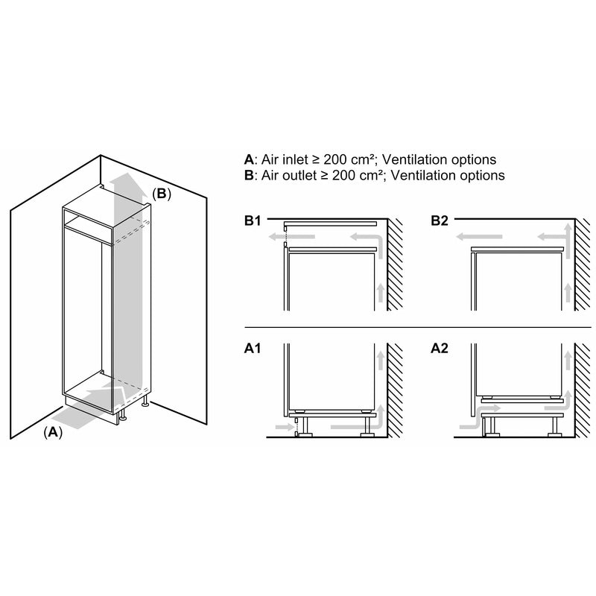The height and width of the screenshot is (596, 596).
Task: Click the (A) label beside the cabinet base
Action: pyautogui.click(x=52, y=431)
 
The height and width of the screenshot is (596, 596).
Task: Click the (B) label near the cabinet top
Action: pyautogui.click(x=162, y=194)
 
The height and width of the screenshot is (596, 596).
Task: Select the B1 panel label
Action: pyautogui.click(x=253, y=221)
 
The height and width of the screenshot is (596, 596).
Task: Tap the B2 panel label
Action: pyautogui.click(x=440, y=221)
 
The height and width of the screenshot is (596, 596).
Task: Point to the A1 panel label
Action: pyautogui.click(x=253, y=347)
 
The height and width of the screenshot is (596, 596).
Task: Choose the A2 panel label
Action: pyautogui.click(x=440, y=347)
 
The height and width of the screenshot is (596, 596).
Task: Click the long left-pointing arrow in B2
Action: pyautogui.click(x=480, y=238)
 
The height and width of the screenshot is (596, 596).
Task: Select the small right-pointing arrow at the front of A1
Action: pyautogui.click(x=284, y=427)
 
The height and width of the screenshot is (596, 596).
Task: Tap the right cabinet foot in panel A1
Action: pyautogui.click(x=367, y=429)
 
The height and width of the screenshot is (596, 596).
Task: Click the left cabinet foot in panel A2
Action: pyautogui.click(x=489, y=429)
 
